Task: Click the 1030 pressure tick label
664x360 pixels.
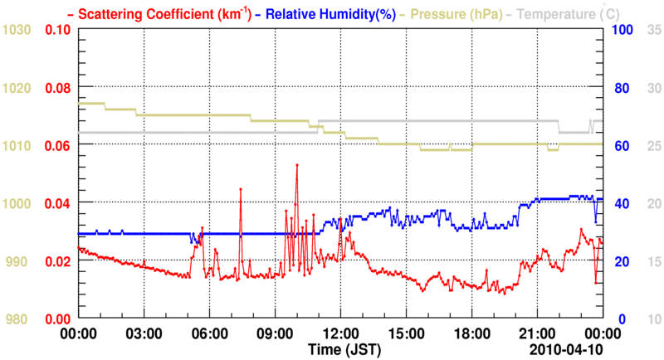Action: pos(17,30)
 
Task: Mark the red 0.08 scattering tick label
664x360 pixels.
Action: pos(57,88)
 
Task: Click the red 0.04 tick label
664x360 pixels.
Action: pos(57,203)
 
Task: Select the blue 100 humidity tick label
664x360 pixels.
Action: pos(625,30)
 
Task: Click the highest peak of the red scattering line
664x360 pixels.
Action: pos(296,166)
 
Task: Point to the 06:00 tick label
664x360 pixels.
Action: pos(210,333)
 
